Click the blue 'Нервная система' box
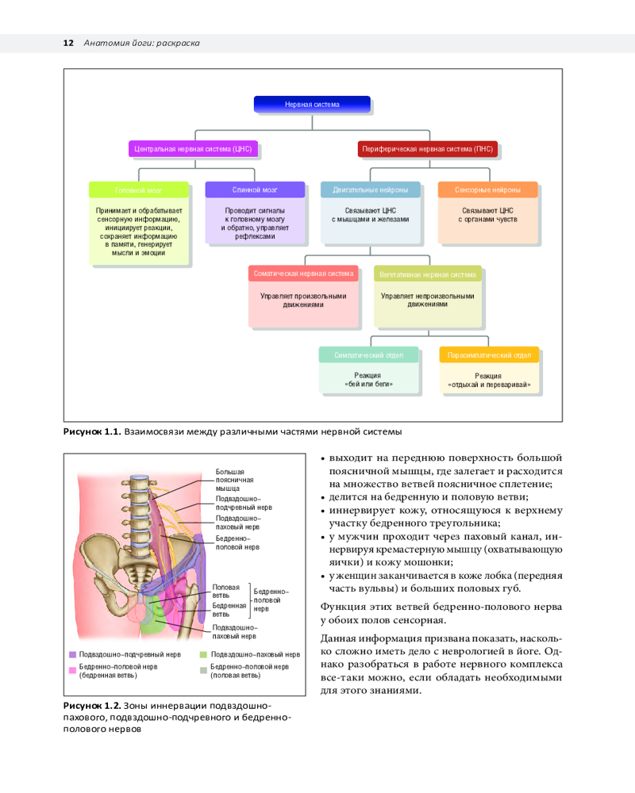click(x=312, y=104)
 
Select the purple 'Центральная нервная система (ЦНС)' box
click(x=194, y=148)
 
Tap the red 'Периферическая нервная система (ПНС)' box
click(x=426, y=148)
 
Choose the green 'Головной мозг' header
click(x=139, y=190)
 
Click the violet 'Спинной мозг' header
click(x=255, y=190)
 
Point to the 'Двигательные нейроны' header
click(x=371, y=190)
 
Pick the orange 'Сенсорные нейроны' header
click(x=487, y=190)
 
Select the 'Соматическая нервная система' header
click(x=303, y=274)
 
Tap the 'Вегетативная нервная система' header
click(x=428, y=274)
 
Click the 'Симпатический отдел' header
click(x=368, y=355)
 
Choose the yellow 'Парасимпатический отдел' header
click(x=489, y=355)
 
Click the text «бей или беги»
click(x=368, y=384)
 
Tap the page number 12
click(x=68, y=43)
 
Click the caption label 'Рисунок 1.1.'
click(x=91, y=432)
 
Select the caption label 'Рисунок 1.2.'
click(x=91, y=706)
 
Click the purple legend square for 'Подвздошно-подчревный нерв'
click(x=72, y=655)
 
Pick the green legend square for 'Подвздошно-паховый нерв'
click(x=203, y=655)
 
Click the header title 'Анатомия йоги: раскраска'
click(x=141, y=43)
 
